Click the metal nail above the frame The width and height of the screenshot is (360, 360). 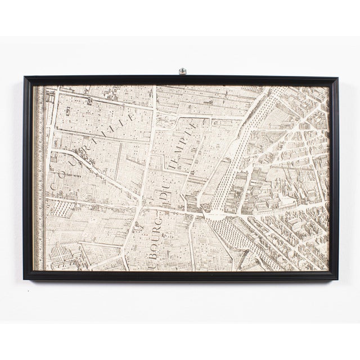[x=182, y=71]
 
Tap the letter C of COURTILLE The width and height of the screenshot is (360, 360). [x=56, y=183]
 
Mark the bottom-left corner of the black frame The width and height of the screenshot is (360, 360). [x=24, y=278]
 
